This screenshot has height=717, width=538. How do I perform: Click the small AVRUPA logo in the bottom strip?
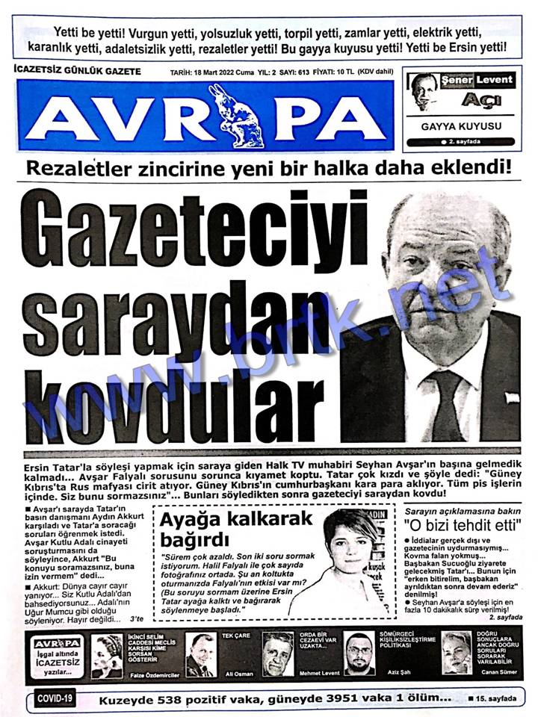pos(57,642)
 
